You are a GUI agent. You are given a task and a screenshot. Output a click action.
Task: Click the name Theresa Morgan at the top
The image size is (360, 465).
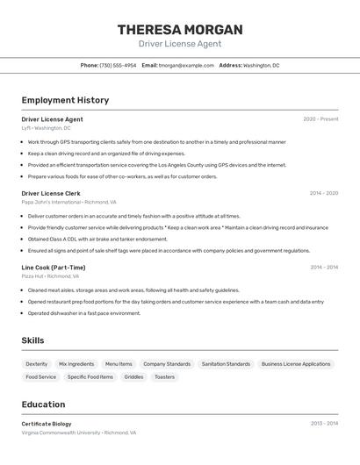pos(180,30)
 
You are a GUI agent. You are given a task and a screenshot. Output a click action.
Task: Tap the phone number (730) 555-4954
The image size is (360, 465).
pos(118,65)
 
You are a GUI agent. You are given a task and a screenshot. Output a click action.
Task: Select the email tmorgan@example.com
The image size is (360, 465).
pos(186,65)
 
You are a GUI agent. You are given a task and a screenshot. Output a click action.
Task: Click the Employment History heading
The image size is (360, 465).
pos(65,100)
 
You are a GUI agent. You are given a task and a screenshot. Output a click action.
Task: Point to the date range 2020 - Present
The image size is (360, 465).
pos(320,119)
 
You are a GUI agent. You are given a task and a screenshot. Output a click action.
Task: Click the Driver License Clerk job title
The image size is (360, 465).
pos(51,193)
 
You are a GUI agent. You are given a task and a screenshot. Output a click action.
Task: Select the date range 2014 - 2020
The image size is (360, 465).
pos(323,193)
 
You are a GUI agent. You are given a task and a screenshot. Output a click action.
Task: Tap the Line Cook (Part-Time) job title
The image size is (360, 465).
pos(54,268)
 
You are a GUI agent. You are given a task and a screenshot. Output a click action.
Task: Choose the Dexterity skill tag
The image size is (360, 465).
pos(37,364)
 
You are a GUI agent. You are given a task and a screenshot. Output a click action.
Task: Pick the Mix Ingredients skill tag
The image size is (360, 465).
pos(76,364)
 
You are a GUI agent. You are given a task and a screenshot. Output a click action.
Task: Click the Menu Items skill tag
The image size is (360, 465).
pos(119,364)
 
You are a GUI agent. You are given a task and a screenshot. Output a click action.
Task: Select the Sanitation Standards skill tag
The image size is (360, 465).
pos(226,364)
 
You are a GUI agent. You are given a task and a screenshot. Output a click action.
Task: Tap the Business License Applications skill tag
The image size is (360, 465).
pos(296,364)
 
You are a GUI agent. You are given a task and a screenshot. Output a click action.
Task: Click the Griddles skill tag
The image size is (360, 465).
pos(133,377)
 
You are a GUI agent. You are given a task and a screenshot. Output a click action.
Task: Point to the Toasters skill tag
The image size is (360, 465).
pos(164,377)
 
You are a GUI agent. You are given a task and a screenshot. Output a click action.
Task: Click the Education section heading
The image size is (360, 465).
pos(43,404)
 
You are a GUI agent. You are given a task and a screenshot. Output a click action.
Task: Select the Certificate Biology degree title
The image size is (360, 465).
pos(47,424)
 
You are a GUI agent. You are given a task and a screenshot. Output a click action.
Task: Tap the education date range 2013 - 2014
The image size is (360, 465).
pos(324,424)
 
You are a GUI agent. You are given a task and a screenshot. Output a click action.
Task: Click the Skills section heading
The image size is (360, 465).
pos(33,340)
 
